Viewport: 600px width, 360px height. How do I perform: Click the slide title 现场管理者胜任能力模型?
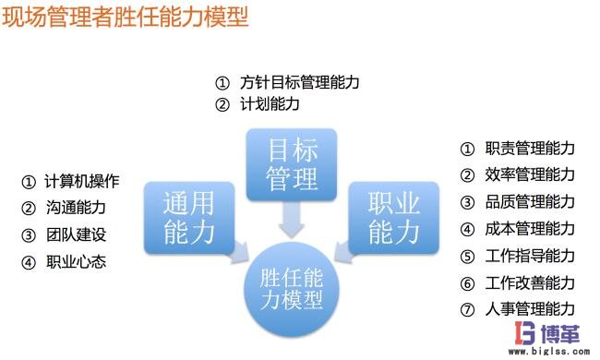pyautogui.click(x=126, y=18)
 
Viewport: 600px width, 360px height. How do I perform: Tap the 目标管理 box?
pyautogui.click(x=292, y=162)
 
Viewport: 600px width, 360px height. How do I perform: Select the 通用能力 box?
pyautogui.click(x=188, y=217)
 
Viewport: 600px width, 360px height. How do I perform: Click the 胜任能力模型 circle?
pyautogui.click(x=292, y=287)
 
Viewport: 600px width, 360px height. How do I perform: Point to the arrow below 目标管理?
pyautogui.click(x=292, y=217)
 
